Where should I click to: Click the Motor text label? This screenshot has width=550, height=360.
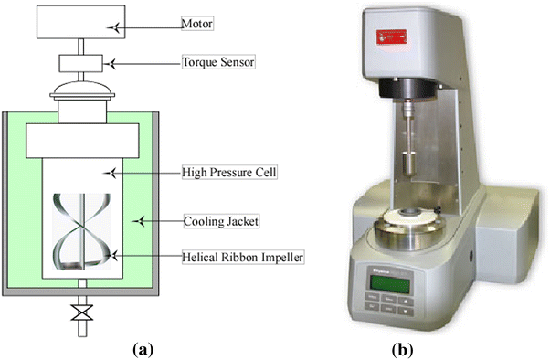(x=197, y=26)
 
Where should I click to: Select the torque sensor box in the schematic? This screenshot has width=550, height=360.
(x=83, y=65)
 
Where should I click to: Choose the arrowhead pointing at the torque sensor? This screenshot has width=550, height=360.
(x=113, y=63)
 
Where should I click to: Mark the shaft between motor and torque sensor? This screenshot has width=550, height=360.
(x=83, y=47)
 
